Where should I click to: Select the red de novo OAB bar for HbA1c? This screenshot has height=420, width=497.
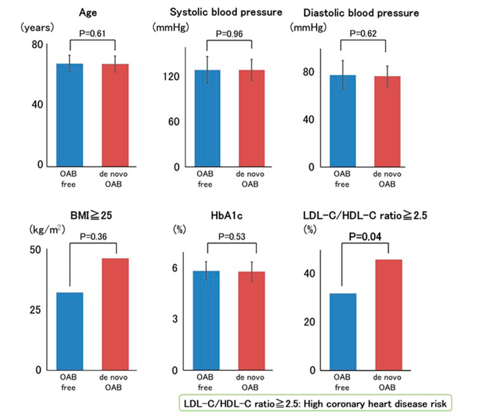251,321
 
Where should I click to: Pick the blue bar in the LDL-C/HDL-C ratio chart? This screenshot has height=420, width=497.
342,331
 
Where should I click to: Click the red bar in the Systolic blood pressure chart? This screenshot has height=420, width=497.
251,118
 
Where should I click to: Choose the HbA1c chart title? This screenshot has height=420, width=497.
228,216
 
